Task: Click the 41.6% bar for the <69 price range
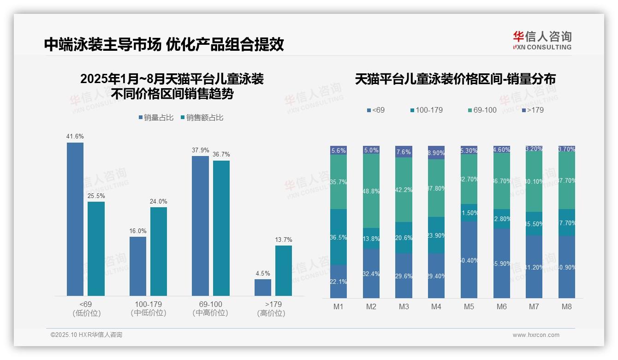click(75, 219)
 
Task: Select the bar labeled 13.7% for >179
click(284, 270)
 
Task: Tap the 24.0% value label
click(159, 201)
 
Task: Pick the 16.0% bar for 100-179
click(138, 266)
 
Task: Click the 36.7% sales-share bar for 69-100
click(221, 228)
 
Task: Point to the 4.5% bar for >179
click(263, 287)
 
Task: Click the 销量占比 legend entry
click(156, 118)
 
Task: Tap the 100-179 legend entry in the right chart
click(426, 110)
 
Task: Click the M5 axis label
click(469, 306)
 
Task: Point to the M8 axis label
click(567, 306)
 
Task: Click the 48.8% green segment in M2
click(371, 191)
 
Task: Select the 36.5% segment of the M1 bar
click(339, 237)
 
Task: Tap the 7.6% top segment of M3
click(404, 152)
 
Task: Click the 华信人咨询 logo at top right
click(542, 40)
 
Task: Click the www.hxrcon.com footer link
click(536, 335)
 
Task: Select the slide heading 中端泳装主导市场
click(102, 45)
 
